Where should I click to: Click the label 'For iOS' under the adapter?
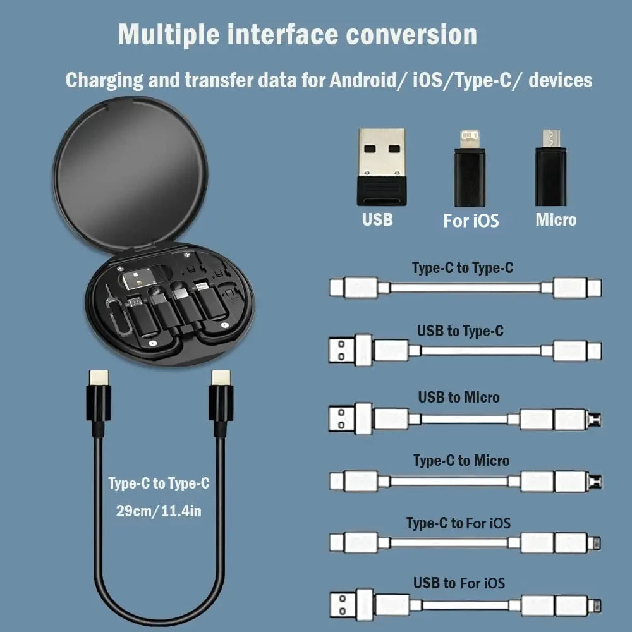(x=471, y=221)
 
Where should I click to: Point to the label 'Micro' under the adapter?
(x=556, y=220)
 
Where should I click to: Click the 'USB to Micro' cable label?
(x=458, y=398)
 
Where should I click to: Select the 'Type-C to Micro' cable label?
(x=461, y=461)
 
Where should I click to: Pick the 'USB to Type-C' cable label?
(x=460, y=331)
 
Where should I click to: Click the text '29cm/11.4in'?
(x=159, y=511)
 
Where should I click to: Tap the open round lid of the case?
(x=130, y=171)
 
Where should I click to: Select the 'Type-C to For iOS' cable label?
(x=458, y=523)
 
